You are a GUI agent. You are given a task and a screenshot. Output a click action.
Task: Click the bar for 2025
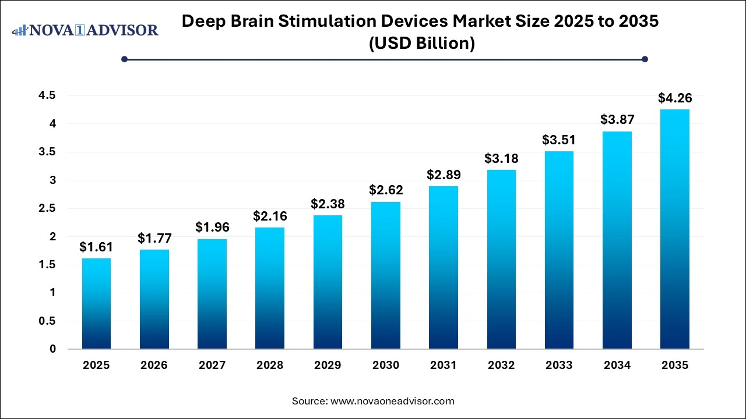point(96,304)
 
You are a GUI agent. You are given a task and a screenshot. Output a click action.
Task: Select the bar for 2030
point(386,275)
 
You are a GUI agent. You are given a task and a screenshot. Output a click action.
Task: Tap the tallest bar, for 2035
point(675,229)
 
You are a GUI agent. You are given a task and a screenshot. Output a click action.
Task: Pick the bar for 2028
point(270,288)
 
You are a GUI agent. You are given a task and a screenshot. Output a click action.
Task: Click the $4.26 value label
point(675,98)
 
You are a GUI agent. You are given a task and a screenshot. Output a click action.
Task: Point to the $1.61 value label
point(96,247)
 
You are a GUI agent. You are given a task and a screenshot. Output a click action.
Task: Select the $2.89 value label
point(444,175)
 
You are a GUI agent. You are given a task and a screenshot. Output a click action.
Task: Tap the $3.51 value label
point(559,140)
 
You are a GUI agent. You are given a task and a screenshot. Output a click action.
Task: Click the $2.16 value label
point(270,216)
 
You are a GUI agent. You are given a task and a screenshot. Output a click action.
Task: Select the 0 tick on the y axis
point(52,349)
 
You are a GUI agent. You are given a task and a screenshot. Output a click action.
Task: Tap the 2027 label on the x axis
point(212,365)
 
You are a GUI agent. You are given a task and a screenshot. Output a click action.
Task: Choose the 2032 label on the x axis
point(501,365)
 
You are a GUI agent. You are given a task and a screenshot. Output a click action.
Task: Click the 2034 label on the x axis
point(617,365)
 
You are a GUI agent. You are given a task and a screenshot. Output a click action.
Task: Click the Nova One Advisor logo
point(85,30)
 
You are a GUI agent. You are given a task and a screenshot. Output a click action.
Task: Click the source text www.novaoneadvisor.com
point(392,401)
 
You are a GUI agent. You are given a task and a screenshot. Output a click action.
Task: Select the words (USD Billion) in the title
point(421,44)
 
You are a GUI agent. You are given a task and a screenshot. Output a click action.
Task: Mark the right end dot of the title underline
point(645,59)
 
